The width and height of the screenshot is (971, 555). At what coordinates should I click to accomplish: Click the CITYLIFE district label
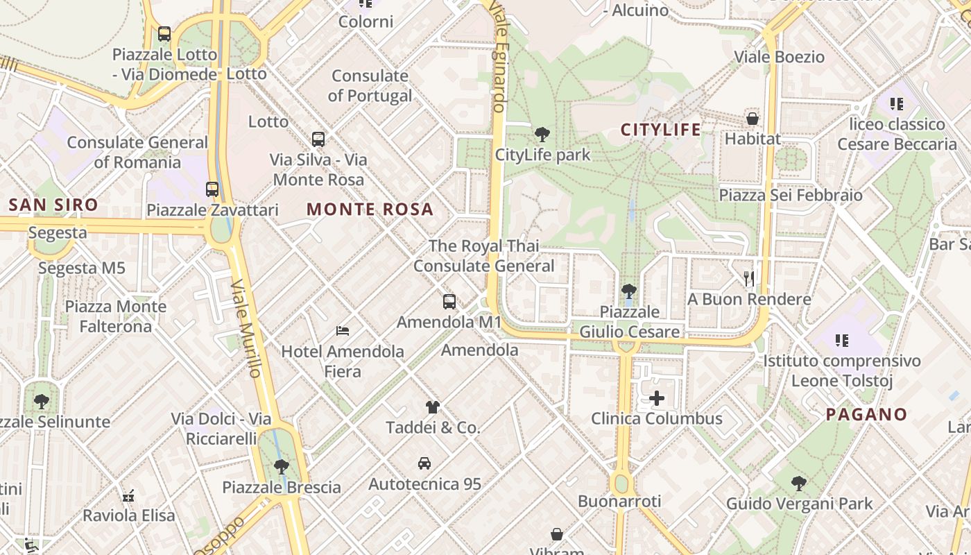coord(660,129)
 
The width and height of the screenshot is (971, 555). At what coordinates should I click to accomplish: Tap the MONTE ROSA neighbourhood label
coord(370,209)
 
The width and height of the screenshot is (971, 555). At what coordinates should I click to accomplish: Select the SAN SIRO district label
coord(53,205)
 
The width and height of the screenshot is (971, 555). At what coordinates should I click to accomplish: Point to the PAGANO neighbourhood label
coord(867,415)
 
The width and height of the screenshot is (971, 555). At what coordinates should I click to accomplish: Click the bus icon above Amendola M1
coord(449,302)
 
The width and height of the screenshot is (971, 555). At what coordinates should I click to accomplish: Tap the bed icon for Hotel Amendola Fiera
coord(342,330)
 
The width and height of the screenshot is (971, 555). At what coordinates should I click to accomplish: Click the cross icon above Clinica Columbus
coord(657,398)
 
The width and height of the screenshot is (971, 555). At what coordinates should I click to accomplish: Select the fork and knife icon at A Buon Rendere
coord(749,279)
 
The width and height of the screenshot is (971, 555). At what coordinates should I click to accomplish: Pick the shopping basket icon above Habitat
coord(753,119)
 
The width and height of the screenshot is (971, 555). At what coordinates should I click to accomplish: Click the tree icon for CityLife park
coord(542,134)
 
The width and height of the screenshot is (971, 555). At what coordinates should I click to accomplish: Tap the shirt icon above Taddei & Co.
coord(433,407)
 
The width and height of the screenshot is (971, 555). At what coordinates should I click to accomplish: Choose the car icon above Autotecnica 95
coord(424,463)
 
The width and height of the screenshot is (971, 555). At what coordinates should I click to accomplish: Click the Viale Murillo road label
coord(247,328)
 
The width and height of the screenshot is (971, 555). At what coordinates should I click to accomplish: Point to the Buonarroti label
coord(619,501)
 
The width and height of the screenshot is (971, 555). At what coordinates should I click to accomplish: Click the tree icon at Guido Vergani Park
coord(799,483)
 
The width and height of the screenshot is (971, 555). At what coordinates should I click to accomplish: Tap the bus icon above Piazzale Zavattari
coord(212,189)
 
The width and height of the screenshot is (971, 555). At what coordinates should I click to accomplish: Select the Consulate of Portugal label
coord(370,85)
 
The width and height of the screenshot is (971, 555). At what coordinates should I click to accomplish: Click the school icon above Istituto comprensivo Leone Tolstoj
coord(842,340)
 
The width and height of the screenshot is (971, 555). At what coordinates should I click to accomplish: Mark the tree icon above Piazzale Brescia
coord(281,466)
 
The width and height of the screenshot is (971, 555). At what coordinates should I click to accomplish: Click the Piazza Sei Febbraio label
coord(791,195)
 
